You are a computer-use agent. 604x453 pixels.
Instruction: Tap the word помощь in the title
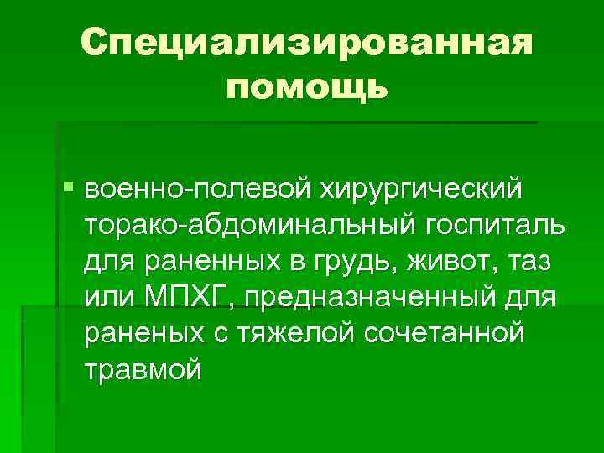click(307, 86)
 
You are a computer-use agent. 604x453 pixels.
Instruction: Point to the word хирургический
click(418, 190)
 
